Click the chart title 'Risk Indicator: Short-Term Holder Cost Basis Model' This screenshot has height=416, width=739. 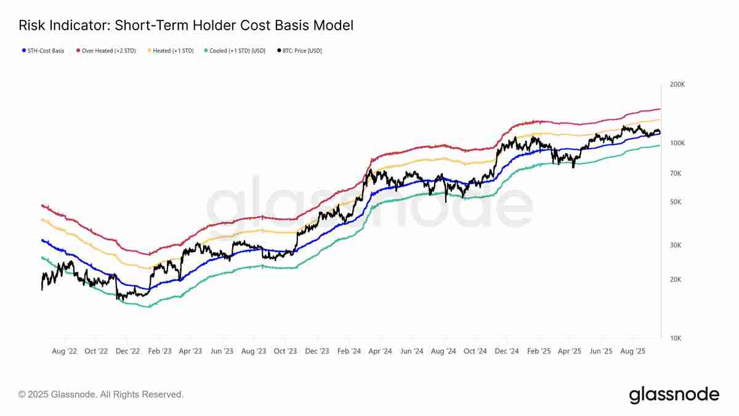click(186, 25)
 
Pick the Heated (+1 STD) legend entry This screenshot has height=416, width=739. click(171, 51)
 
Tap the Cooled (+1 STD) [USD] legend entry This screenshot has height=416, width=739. click(236, 51)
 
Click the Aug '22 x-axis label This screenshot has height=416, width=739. click(64, 351)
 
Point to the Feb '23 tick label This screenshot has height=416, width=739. click(159, 351)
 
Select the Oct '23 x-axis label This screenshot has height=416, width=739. click(285, 351)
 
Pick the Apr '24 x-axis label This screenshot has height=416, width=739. click(380, 351)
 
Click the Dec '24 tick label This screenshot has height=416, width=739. click(506, 351)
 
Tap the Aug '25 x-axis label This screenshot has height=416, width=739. click(632, 351)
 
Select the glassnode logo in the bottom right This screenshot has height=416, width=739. click(674, 394)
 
